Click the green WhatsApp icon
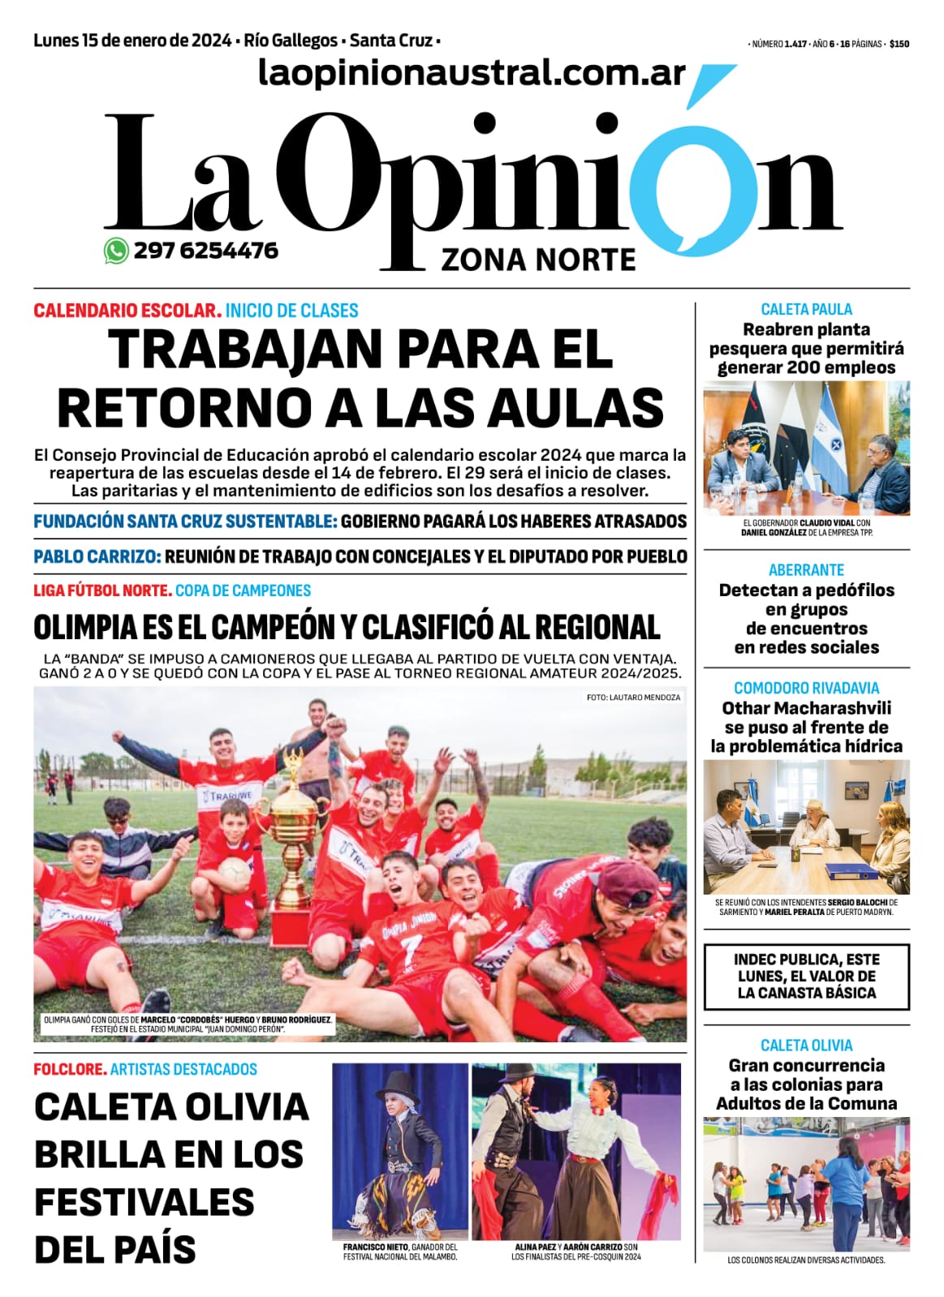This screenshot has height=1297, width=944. (x=116, y=251)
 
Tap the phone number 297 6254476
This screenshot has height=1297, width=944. (x=206, y=251)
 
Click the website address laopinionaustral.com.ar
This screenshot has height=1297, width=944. (x=472, y=73)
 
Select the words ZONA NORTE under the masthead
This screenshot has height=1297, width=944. (x=538, y=260)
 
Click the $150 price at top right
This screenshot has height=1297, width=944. (x=899, y=45)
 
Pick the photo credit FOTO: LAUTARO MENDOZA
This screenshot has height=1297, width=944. (x=633, y=698)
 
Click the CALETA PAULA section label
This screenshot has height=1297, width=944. (x=806, y=309)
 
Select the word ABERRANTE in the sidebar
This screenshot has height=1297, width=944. (x=806, y=570)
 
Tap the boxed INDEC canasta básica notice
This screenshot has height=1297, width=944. (x=806, y=976)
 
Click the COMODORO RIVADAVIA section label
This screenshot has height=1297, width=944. (x=806, y=688)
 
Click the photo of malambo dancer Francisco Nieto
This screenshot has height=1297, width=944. (x=400, y=1152)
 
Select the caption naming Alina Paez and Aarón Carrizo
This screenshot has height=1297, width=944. (x=575, y=1252)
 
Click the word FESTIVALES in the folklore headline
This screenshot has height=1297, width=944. (x=144, y=1202)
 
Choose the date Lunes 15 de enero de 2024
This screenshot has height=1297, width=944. (x=133, y=41)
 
